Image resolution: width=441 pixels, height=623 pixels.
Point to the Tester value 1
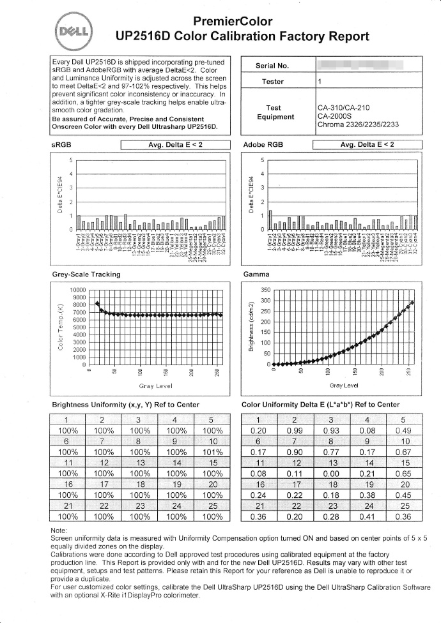pos(319,82)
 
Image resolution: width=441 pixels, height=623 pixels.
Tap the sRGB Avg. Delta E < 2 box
pos(175,145)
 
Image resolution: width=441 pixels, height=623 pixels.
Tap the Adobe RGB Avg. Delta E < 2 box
pos(367,145)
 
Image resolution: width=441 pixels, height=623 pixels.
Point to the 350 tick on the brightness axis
pos(266,290)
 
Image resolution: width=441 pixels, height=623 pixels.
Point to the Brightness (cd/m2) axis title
pos(252,326)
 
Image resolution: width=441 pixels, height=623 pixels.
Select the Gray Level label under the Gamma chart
pos(343,386)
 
